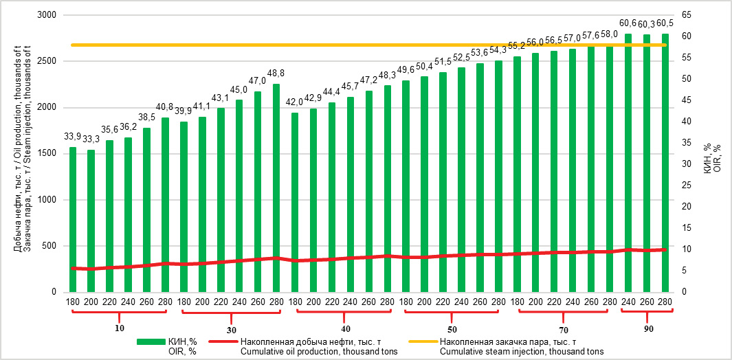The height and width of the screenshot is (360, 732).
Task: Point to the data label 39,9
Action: click(x=184, y=111)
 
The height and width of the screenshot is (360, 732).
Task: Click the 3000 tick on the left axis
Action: click(x=47, y=15)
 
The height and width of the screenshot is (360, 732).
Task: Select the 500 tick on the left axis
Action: click(x=49, y=246)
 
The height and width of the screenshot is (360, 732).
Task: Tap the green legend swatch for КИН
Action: click(x=149, y=341)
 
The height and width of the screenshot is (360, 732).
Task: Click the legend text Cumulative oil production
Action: click(x=319, y=352)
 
